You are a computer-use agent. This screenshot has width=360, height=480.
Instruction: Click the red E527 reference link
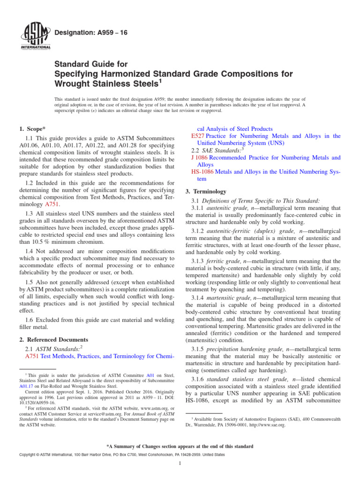[x=197, y=136]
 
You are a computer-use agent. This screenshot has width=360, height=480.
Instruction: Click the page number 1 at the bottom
[x=180, y=464]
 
